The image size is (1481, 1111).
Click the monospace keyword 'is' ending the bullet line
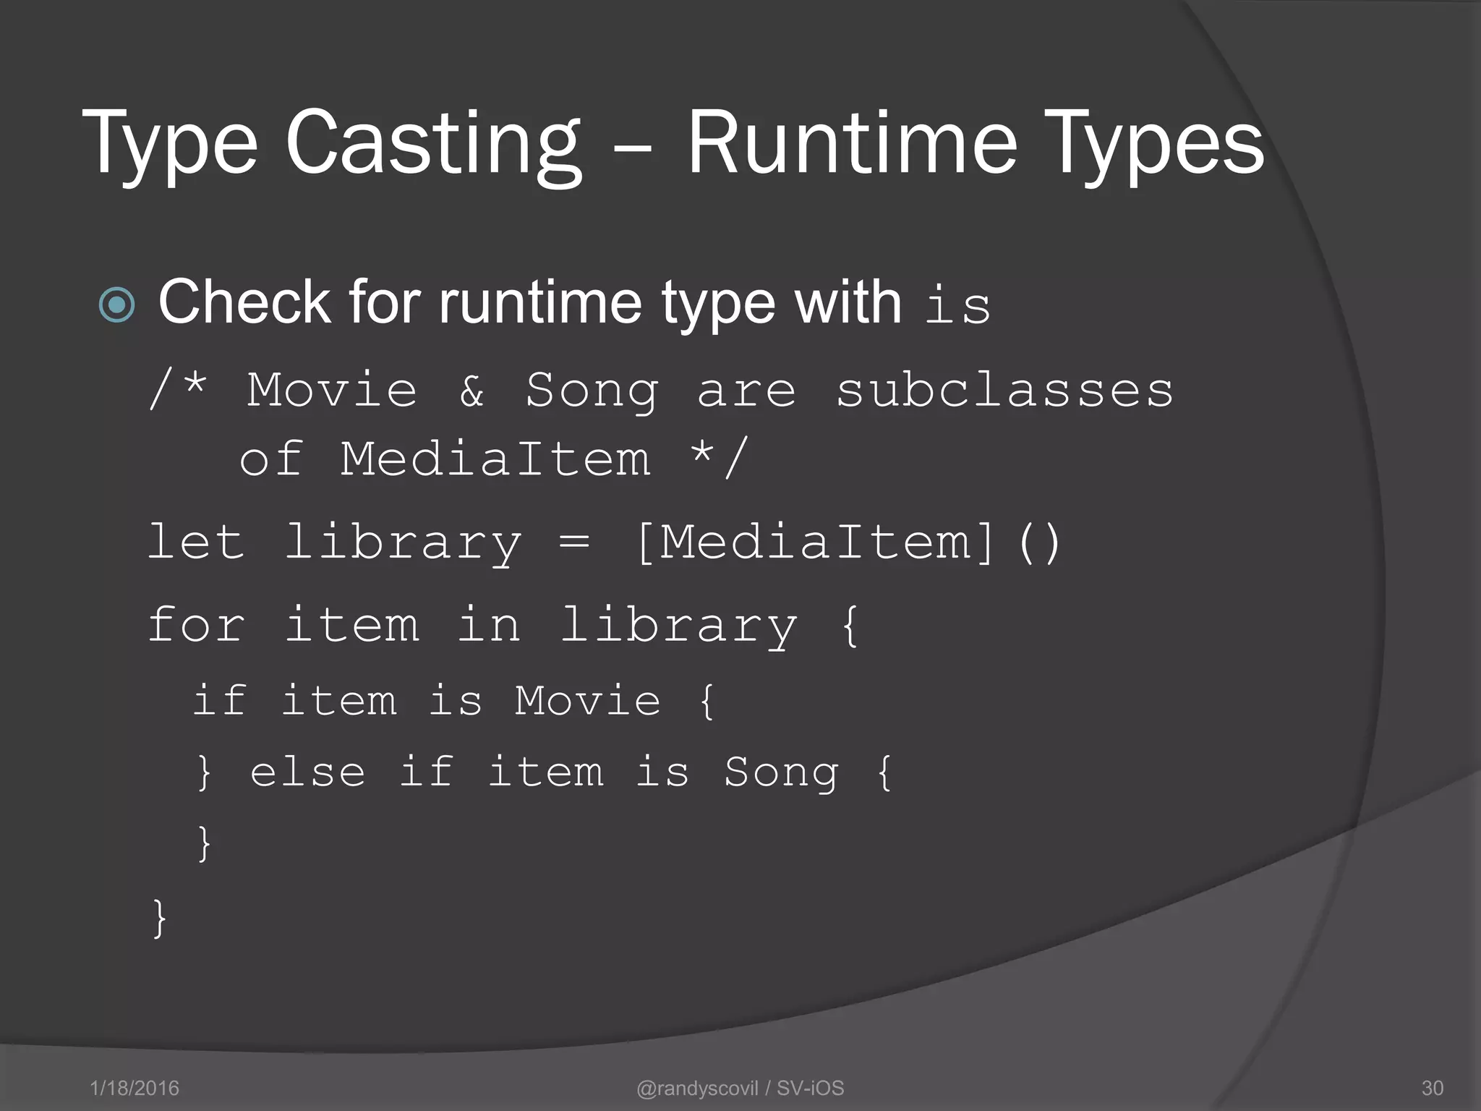[x=957, y=305]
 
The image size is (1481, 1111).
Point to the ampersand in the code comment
[x=471, y=391]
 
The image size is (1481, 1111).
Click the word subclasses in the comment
[x=1004, y=391]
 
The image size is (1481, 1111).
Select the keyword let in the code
[x=196, y=542]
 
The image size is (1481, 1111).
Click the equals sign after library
[x=575, y=542]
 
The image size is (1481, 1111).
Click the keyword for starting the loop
[x=196, y=625]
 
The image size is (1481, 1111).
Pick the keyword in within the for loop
[x=489, y=625]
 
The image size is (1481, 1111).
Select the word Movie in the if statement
[x=587, y=700]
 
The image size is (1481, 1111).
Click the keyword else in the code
[x=308, y=772]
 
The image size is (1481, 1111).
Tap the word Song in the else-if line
[x=781, y=772]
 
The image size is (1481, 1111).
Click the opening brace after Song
[x=884, y=772]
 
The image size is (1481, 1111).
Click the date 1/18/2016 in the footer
[x=135, y=1088]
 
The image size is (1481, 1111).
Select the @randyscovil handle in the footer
[x=697, y=1088]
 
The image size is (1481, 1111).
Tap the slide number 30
[x=1432, y=1088]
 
